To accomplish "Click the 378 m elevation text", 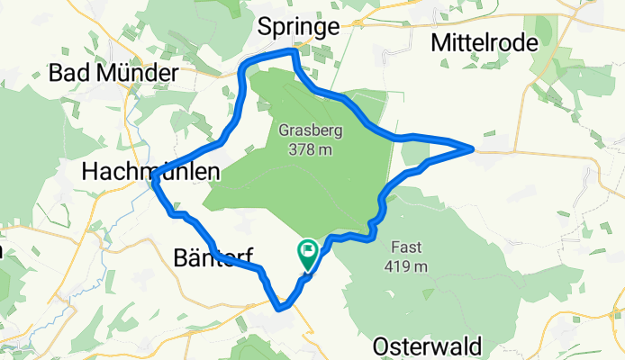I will click(310, 149).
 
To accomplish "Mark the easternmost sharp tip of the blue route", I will click(473, 147).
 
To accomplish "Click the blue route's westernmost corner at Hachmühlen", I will click(155, 181).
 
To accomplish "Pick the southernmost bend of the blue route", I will click(283, 307).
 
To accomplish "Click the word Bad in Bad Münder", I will click(70, 71).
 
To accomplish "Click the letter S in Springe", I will click(264, 27).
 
